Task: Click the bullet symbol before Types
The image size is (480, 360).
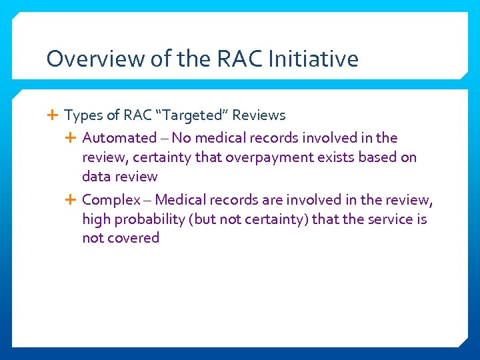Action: coord(53,115)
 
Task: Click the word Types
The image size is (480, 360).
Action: coord(83,115)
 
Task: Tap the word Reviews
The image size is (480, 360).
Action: coord(259,115)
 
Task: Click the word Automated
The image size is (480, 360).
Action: coord(119,138)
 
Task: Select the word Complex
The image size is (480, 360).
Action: coord(110,199)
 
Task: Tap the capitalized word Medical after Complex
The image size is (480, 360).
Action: coord(181,199)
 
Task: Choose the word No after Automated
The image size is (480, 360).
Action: coord(181,138)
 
